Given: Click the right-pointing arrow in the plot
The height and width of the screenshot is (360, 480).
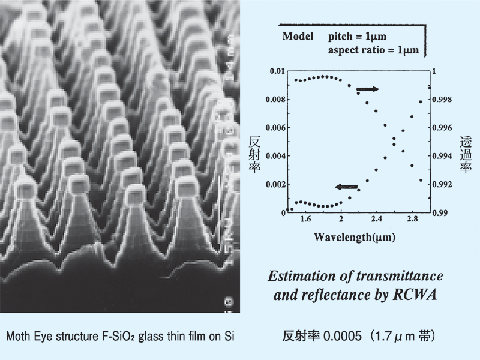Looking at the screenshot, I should [x=367, y=89].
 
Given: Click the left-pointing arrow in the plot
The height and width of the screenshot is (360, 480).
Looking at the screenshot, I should [x=347, y=187].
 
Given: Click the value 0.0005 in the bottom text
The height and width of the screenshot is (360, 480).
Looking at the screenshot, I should [x=340, y=336].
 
